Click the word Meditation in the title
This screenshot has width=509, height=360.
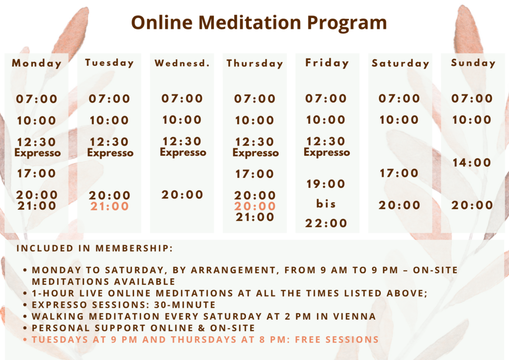(250, 22)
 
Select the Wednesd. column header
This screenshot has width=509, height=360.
(182, 63)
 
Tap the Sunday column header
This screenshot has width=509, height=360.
(473, 63)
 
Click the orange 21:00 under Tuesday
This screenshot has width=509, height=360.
(109, 206)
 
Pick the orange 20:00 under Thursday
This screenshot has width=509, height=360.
(255, 206)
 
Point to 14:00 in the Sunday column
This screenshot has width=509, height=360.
(472, 162)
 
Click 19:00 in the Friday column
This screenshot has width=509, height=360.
(326, 184)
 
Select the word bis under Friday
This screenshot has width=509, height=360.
(326, 203)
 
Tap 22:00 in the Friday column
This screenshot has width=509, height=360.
(326, 223)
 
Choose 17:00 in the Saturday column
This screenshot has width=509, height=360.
(399, 173)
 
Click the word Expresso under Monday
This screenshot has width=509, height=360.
(37, 153)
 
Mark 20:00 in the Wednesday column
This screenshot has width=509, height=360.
(182, 195)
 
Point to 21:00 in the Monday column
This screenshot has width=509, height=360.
(37, 205)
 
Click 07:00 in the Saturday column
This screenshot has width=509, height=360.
(399, 98)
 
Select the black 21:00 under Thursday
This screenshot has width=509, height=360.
(255, 217)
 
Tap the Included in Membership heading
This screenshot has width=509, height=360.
(94, 248)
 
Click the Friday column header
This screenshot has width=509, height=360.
(327, 63)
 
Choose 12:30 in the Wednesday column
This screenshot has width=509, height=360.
(182, 141)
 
